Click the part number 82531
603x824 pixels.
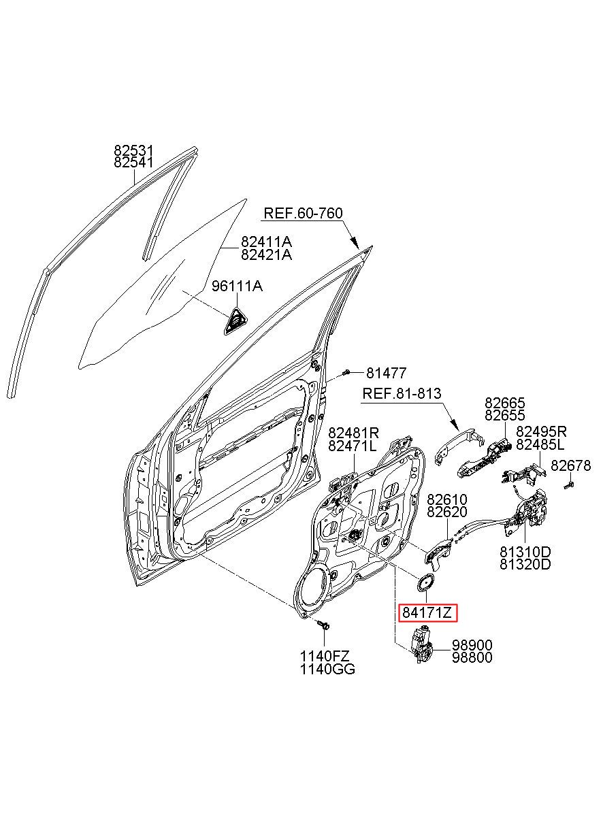click(133, 150)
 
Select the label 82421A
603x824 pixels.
click(266, 254)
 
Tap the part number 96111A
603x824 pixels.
click(237, 286)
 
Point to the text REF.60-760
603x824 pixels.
click(304, 214)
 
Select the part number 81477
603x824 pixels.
click(386, 374)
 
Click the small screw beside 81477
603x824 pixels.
click(345, 373)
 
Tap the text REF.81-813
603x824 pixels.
click(402, 393)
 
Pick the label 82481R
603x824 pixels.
click(353, 431)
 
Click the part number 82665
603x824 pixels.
click(505, 403)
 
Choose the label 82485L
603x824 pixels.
click(540, 445)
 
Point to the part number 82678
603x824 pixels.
click(570, 466)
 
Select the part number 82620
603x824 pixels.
click(446, 512)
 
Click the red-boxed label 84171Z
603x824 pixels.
click(427, 612)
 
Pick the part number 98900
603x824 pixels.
click(472, 644)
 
